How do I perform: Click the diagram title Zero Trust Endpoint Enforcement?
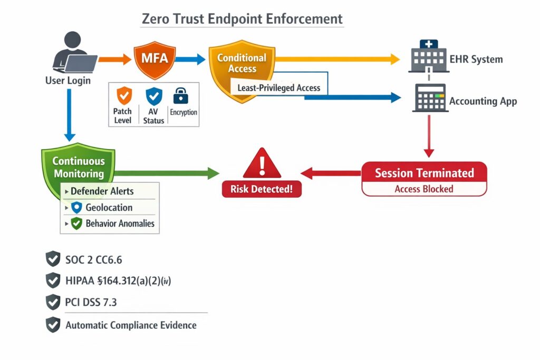(242, 18)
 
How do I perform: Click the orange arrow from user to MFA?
(114, 59)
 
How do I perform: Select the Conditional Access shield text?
(242, 63)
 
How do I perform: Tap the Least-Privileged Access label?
(278, 88)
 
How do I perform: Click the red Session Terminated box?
(424, 173)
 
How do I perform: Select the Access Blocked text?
(424, 189)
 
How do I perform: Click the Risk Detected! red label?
(262, 189)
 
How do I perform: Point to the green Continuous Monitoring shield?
(78, 167)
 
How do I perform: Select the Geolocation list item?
(109, 207)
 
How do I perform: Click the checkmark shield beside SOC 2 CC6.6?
(53, 259)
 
